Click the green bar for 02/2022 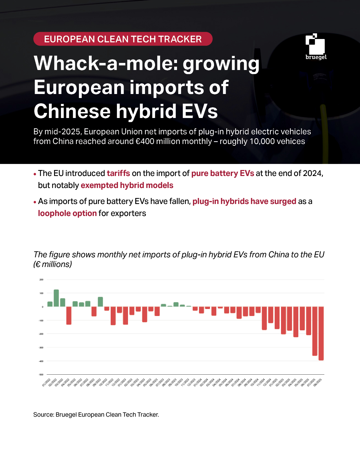click(56, 298)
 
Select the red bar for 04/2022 click(69, 315)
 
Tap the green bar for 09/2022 click(100, 302)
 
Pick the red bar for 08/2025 click(321, 333)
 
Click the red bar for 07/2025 click(315, 331)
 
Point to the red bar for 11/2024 click(264, 318)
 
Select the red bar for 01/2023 click(125, 315)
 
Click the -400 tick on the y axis click(41, 361)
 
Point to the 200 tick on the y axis click(41, 280)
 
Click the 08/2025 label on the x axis click(318, 382)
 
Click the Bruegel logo click(316, 47)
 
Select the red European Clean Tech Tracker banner click(123, 39)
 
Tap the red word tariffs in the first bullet click(118, 173)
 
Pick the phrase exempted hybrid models click(127, 185)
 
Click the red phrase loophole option click(67, 213)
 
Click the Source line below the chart click(96, 415)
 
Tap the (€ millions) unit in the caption click(53, 264)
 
